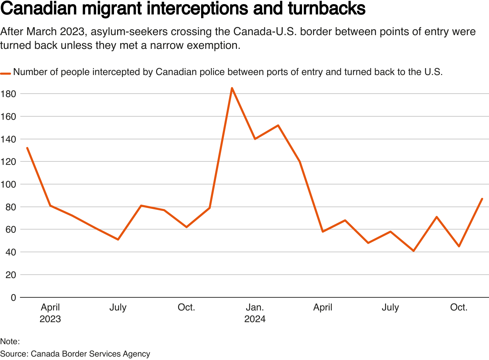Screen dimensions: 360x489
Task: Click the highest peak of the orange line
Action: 232,88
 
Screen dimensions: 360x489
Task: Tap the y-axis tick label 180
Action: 9,94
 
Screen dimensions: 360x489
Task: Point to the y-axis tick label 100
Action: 9,184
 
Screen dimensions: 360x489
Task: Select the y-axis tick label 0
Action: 13,297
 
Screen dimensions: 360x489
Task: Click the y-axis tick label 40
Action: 11,252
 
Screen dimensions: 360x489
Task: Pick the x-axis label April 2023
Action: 50,313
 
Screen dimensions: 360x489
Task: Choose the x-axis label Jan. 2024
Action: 255,313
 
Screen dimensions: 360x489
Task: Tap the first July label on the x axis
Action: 118,307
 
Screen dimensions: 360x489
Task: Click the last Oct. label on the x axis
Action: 459,307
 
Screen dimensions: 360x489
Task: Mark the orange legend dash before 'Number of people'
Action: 6,73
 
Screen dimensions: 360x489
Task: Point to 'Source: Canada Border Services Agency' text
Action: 75,354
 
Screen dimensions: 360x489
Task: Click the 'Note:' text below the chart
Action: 10,341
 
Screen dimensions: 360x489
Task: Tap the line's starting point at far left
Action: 27,148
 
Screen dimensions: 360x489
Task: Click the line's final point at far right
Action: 482,199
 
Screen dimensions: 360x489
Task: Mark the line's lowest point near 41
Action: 413,251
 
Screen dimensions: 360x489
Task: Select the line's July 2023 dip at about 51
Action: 118,239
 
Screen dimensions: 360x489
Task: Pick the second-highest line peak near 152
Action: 278,125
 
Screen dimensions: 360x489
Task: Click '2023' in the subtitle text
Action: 72,32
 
